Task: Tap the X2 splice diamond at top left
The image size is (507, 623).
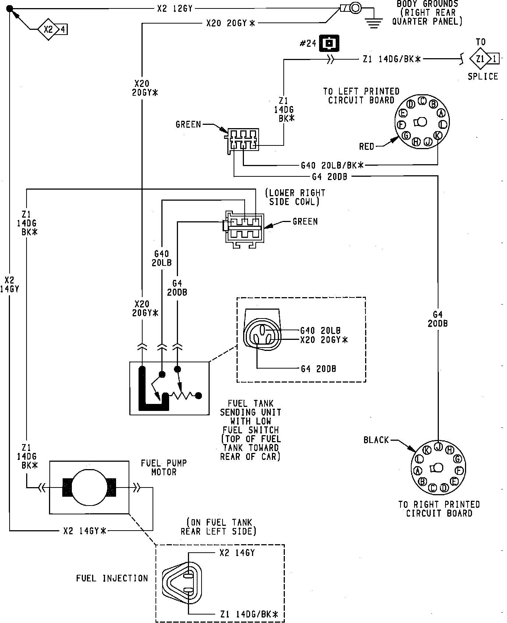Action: (49, 29)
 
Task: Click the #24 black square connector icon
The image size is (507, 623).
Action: (329, 43)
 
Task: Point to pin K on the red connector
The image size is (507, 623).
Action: (437, 135)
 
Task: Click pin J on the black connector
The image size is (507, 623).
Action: (438, 446)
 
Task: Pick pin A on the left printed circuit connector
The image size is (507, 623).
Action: (441, 113)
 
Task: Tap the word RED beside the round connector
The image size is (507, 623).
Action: (367, 147)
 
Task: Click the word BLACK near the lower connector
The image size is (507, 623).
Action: (376, 440)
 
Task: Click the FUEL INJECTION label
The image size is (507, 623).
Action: (112, 578)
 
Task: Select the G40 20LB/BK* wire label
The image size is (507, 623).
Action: (332, 165)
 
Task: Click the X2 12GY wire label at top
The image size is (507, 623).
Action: (175, 8)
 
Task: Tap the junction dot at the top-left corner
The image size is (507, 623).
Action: (10, 8)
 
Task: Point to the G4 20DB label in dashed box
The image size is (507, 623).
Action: (318, 369)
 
